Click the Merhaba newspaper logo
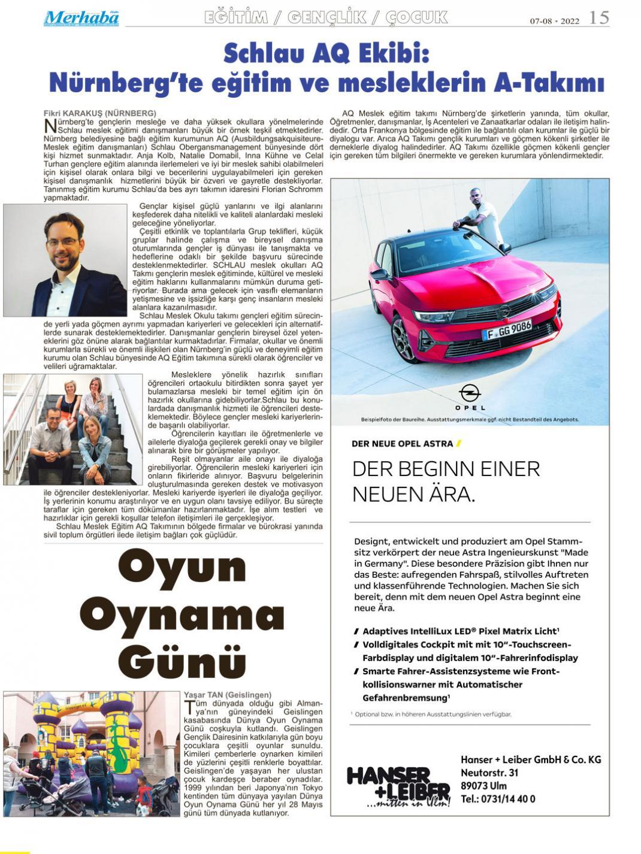click(x=81, y=18)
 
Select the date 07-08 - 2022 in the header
click(x=554, y=21)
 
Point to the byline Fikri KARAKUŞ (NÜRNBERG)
click(x=100, y=113)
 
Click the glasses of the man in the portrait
click(x=62, y=241)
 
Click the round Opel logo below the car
click(x=470, y=393)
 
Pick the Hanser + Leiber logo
click(x=398, y=785)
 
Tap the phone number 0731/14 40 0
click(x=498, y=799)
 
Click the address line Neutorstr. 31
click(x=489, y=773)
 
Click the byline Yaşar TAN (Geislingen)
click(x=228, y=695)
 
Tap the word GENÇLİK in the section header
click(x=326, y=18)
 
